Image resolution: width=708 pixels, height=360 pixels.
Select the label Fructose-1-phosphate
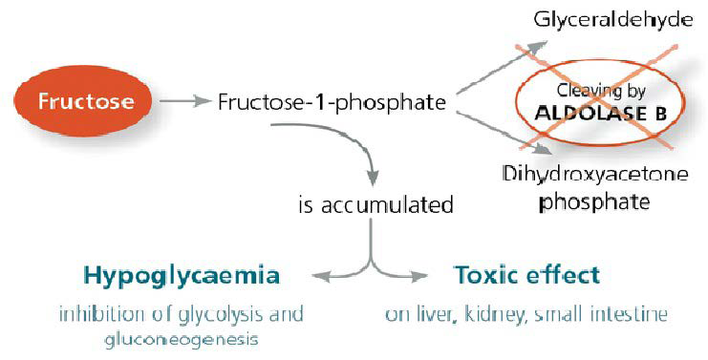tap(333, 101)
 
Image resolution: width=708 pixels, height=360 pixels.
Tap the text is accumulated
tap(375, 203)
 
